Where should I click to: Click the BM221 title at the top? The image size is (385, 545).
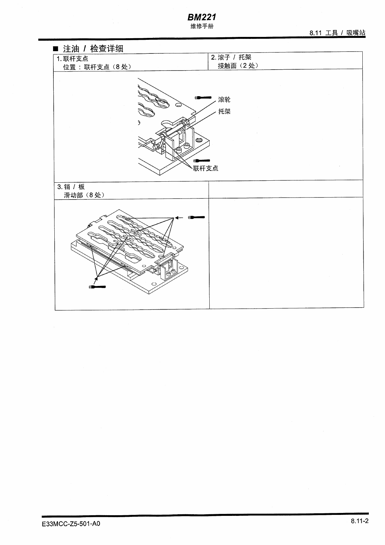[x=202, y=17]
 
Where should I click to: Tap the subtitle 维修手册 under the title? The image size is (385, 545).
[x=202, y=26]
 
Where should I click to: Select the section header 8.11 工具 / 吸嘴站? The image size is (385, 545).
[x=337, y=33]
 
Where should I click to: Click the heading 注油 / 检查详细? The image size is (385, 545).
[x=93, y=49]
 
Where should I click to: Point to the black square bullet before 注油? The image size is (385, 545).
[x=55, y=49]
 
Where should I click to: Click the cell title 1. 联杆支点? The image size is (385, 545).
[x=72, y=59]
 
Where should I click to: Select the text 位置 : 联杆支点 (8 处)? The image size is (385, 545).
[x=97, y=67]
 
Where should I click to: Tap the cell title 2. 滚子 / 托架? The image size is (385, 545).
[x=231, y=57]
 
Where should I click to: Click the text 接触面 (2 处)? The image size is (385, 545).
[x=238, y=66]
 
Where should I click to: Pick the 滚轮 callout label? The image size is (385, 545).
[x=224, y=99]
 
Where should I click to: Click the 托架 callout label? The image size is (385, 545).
[x=224, y=111]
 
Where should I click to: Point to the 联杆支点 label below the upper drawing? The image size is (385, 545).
[x=205, y=168]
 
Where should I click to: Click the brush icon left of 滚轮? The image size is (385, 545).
[x=203, y=97]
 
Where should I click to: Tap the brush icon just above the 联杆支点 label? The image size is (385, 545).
[x=201, y=161]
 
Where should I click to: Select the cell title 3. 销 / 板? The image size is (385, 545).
[x=71, y=187]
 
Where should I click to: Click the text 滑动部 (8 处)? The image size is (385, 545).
[x=84, y=195]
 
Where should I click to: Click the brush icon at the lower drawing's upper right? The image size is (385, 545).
[x=196, y=217]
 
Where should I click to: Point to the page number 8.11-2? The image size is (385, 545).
[x=359, y=521]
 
